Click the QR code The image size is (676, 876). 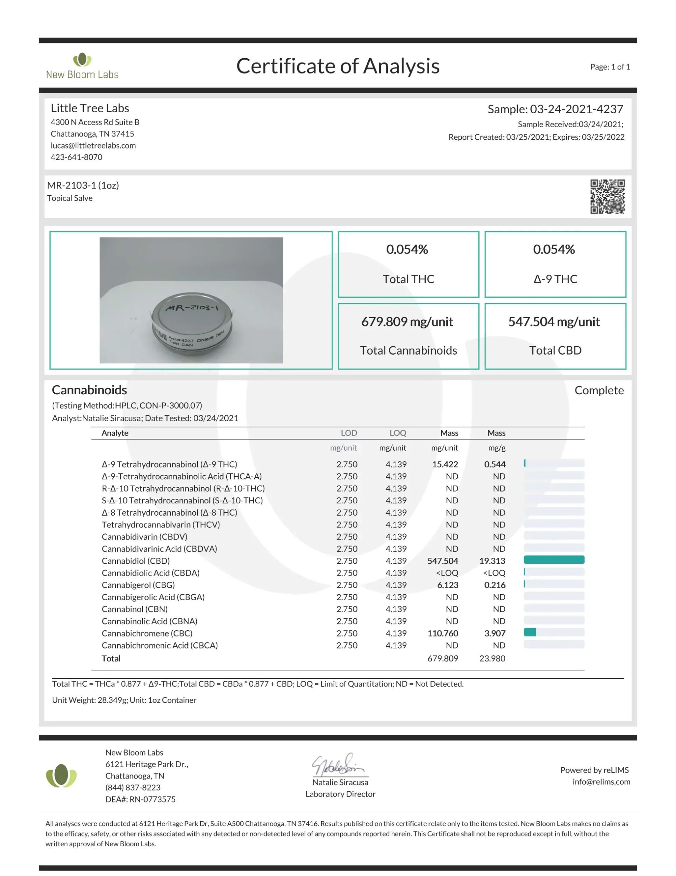click(x=607, y=196)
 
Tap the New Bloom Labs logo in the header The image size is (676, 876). click(x=82, y=66)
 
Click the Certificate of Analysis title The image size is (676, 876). click(x=337, y=66)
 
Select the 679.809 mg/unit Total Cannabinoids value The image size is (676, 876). click(x=407, y=322)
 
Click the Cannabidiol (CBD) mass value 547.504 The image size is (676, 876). click(x=442, y=561)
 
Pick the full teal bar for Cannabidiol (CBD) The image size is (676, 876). click(x=554, y=560)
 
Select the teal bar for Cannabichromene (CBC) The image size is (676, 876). click(x=530, y=632)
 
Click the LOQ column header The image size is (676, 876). click(x=397, y=433)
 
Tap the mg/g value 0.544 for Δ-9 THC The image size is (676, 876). click(x=495, y=464)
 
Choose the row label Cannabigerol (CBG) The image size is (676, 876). click(x=138, y=585)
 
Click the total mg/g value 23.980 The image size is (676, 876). click(x=492, y=658)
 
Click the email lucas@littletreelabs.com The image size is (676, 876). click(x=93, y=145)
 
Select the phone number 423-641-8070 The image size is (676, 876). click(x=77, y=157)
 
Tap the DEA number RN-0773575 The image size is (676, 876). click(x=152, y=799)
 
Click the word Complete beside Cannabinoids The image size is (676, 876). click(x=599, y=390)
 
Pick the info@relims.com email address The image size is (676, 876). click(x=601, y=782)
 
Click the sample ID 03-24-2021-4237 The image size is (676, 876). click(x=576, y=109)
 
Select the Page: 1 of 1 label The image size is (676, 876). click(x=609, y=67)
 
